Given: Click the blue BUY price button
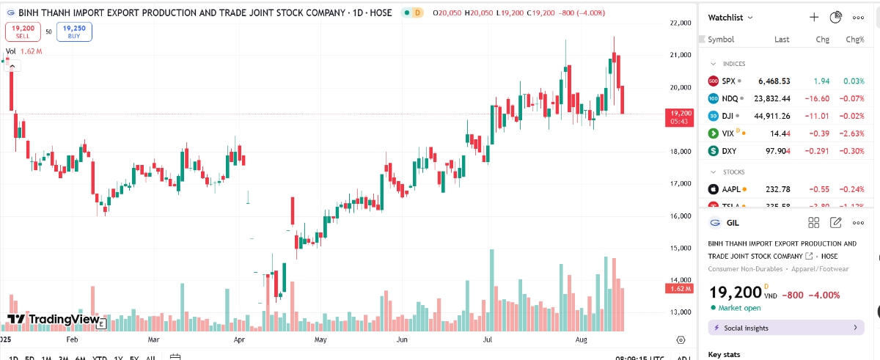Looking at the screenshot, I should (74, 31).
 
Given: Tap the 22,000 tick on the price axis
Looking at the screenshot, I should (681, 23).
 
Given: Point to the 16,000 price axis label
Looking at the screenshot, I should (681, 216).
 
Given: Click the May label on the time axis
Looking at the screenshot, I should (320, 340).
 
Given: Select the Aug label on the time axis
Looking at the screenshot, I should (582, 340).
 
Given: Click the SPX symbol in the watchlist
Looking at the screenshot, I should (728, 81).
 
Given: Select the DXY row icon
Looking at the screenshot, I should (713, 151).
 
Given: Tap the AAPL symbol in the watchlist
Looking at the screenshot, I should (731, 189).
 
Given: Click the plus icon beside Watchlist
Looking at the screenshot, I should (813, 17).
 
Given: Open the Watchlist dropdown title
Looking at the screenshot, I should (730, 17).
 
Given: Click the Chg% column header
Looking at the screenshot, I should (855, 40).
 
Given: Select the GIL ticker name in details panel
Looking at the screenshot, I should (732, 222).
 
